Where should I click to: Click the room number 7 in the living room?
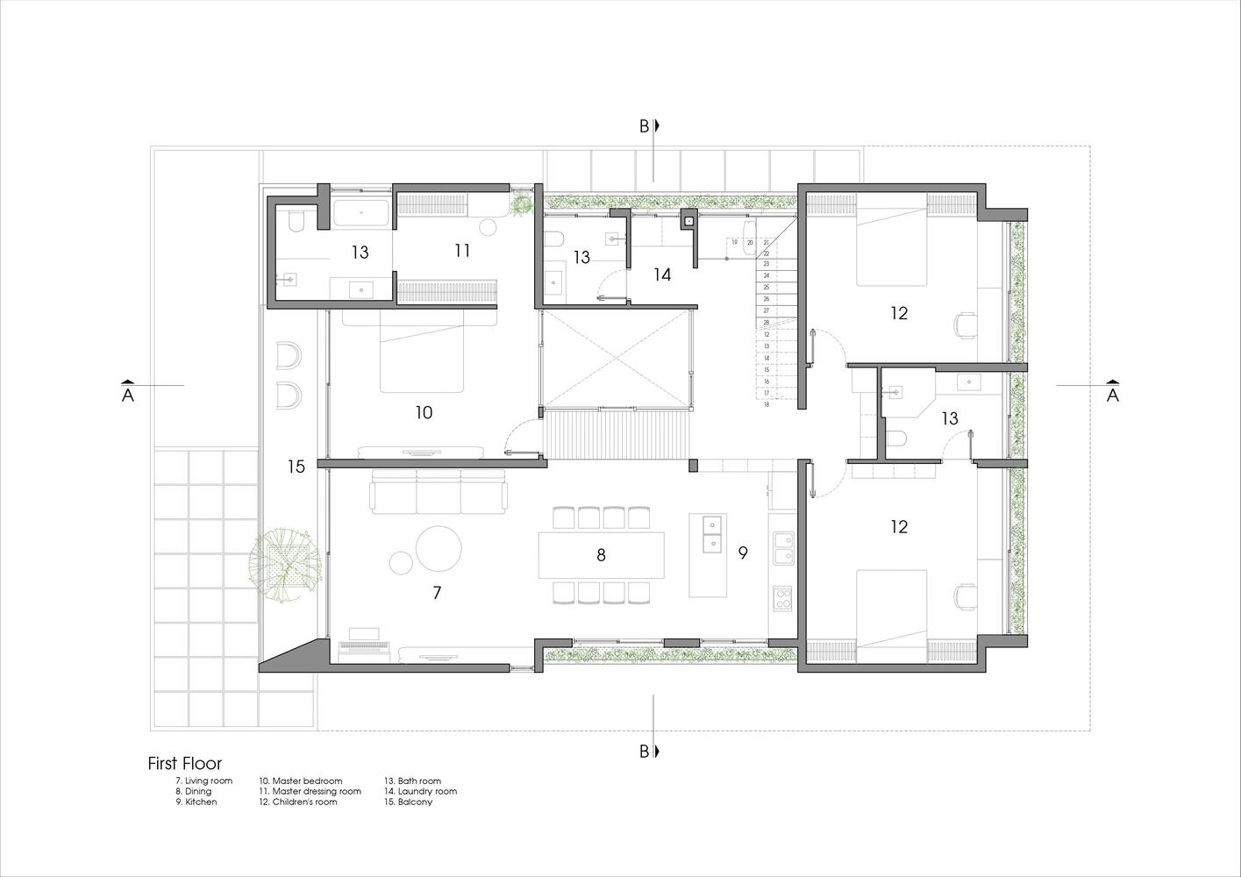437,594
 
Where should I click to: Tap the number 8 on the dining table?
601,555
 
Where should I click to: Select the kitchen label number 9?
742,553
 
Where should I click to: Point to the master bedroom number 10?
424,412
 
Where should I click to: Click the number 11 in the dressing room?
462,251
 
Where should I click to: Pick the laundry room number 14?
662,275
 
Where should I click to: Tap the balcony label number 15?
296,467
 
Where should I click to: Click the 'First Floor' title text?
185,764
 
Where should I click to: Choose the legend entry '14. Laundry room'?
421,791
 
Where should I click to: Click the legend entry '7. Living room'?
204,781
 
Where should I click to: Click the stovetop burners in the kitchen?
781,599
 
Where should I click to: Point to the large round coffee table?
439,548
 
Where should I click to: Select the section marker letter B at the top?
644,126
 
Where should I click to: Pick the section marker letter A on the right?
1113,396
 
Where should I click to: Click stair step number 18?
766,404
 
